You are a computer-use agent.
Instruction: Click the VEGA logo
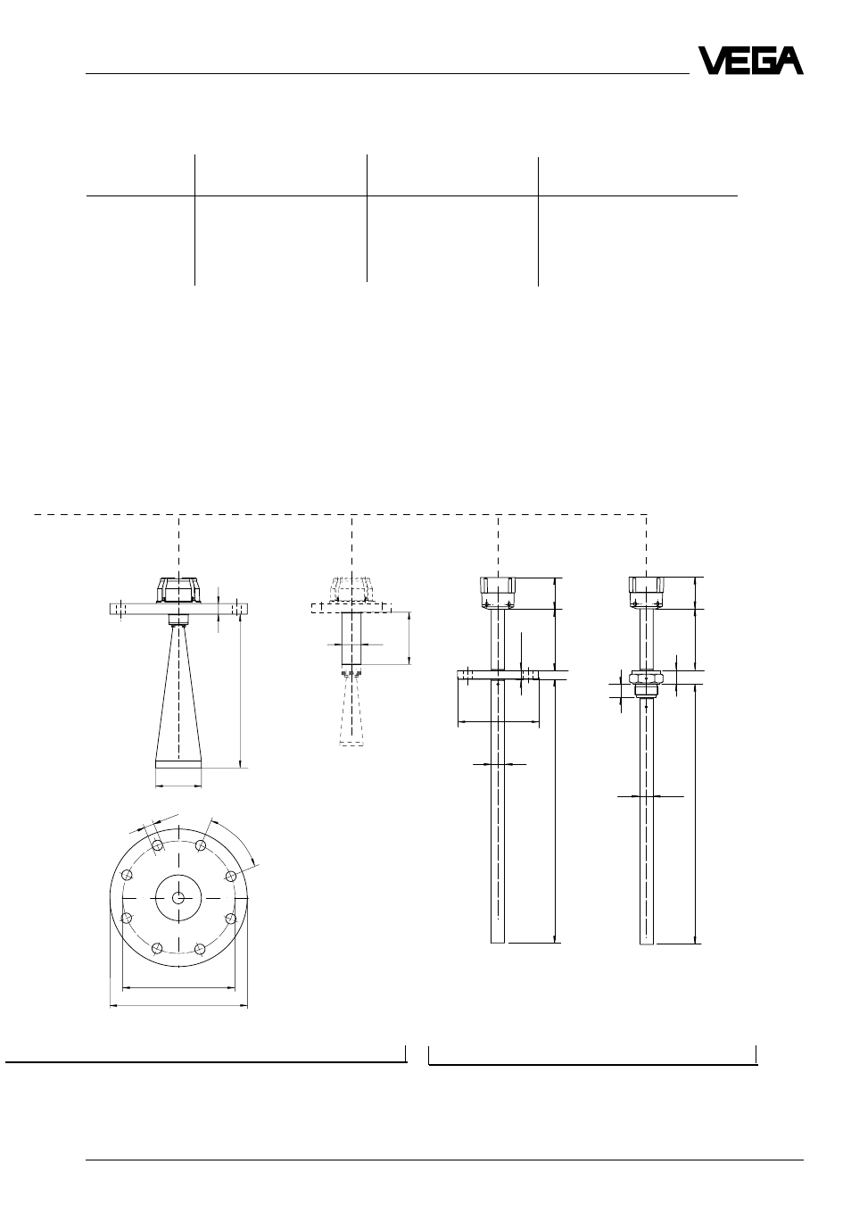pyautogui.click(x=750, y=61)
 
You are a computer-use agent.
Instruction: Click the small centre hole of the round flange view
pyautogui.click(x=178, y=897)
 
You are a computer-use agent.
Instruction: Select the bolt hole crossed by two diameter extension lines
pyautogui.click(x=157, y=844)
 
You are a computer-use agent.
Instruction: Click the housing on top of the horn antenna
pyautogui.click(x=178, y=590)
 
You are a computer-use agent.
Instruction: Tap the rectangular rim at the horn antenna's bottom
pyautogui.click(x=178, y=764)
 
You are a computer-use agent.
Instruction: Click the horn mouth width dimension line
pyautogui.click(x=178, y=786)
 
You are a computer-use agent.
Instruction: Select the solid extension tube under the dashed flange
pyautogui.click(x=351, y=638)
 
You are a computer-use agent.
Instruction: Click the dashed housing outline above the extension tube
pyautogui.click(x=351, y=590)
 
